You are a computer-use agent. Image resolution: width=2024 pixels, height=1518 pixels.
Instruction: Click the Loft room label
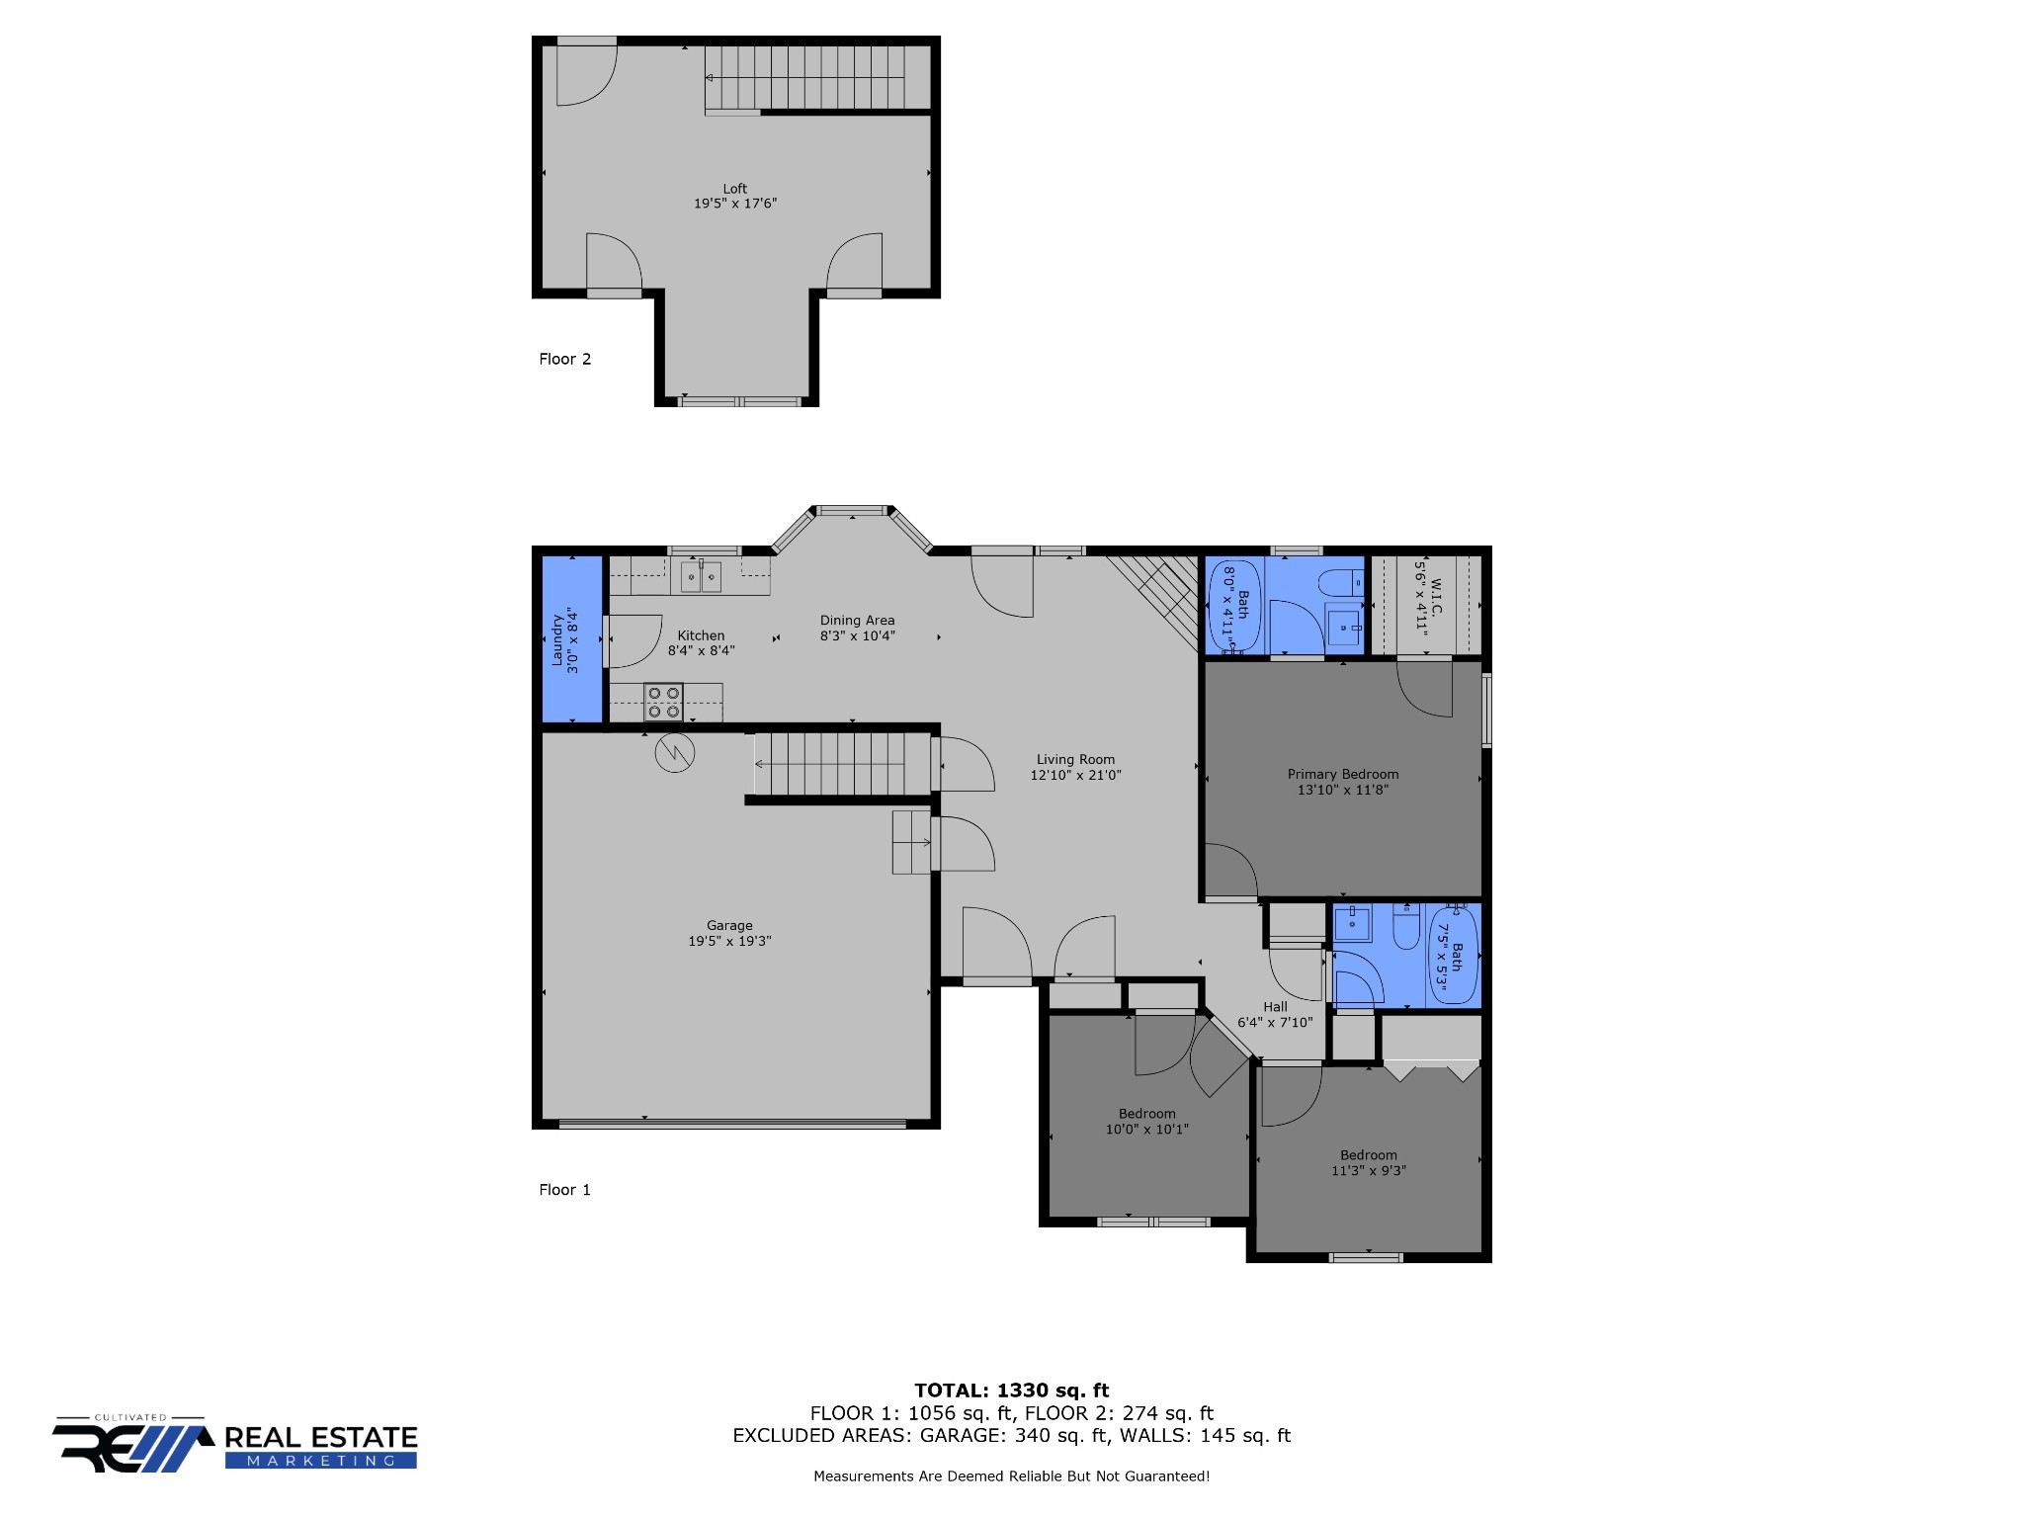(734, 189)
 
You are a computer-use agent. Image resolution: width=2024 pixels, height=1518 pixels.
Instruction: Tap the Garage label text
(729, 926)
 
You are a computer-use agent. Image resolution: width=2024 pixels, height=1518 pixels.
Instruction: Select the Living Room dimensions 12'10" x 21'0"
(1075, 775)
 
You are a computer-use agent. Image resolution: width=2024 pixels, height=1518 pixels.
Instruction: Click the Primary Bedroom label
(1343, 775)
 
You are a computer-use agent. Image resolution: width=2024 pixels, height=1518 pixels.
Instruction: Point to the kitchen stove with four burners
(663, 703)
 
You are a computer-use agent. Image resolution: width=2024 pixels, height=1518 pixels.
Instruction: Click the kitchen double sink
(701, 576)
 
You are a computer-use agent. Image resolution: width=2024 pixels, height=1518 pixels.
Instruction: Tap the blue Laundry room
(572, 639)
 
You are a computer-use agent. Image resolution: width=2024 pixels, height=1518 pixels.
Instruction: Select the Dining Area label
(857, 621)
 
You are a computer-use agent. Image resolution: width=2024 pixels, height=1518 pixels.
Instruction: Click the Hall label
(1275, 1007)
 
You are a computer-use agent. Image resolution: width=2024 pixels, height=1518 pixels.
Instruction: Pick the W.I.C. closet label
(1436, 596)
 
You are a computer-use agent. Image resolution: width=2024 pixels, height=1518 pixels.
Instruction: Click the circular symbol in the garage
(675, 753)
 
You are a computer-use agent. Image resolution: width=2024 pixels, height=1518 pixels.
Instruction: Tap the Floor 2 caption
(564, 359)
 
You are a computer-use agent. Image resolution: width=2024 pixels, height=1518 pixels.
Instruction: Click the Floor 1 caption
(564, 1190)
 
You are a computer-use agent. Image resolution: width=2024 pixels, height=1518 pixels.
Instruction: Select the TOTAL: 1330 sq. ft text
(1011, 1391)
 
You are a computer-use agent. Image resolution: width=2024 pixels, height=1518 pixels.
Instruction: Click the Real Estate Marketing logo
(235, 1444)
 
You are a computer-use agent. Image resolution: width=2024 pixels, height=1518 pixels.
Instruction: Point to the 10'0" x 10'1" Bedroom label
(1146, 1122)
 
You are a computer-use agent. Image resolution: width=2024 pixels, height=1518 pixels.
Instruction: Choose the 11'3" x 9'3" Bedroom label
(1369, 1163)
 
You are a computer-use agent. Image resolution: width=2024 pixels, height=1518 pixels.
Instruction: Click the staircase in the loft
(804, 78)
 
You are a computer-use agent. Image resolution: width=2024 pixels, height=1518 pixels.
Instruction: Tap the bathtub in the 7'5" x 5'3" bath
(1453, 955)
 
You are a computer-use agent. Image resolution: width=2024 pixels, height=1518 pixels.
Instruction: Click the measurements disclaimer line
(1011, 1476)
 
